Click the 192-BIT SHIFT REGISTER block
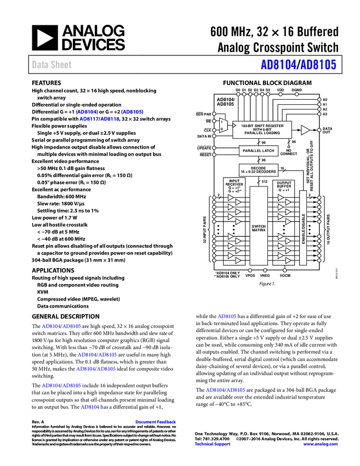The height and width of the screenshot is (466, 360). (x=262, y=129)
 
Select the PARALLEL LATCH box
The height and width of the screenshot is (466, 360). (x=258, y=151)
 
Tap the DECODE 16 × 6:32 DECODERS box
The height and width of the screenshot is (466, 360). (x=258, y=170)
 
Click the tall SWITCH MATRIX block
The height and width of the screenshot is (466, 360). (x=259, y=226)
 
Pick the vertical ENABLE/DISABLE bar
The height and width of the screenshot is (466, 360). (x=303, y=228)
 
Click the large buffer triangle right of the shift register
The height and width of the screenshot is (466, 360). (x=305, y=130)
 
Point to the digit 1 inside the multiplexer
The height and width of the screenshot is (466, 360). (x=221, y=122)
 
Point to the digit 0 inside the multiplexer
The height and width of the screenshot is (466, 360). (x=221, y=129)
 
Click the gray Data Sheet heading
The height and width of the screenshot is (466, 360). (x=52, y=65)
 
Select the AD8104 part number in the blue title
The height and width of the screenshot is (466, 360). (x=278, y=65)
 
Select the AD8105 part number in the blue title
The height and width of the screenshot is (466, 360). (x=318, y=65)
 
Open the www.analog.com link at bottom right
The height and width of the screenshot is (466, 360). (x=321, y=444)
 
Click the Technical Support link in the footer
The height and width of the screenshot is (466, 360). (x=213, y=444)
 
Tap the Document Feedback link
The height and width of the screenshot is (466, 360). (x=156, y=422)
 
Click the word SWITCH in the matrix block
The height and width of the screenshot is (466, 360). (x=259, y=226)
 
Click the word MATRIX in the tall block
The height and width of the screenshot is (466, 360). (x=259, y=230)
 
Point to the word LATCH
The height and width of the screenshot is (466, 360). (x=267, y=151)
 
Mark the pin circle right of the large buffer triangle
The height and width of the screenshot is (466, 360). (x=319, y=130)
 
